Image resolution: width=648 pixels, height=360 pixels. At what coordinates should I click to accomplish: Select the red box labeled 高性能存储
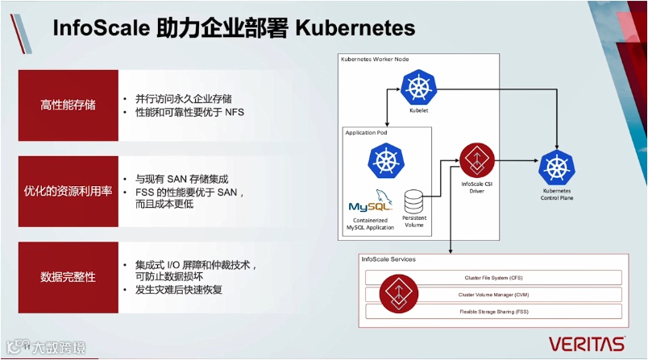[x=68, y=105]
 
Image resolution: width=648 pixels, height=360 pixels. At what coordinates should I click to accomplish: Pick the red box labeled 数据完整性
[x=68, y=277]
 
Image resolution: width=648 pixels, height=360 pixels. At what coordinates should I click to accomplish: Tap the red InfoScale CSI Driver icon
[x=476, y=160]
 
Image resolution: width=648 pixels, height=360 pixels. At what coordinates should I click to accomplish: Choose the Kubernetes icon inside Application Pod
[x=384, y=160]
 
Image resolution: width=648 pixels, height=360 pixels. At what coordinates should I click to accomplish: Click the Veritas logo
[x=587, y=344]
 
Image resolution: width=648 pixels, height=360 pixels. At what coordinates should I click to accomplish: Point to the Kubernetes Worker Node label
[x=376, y=59]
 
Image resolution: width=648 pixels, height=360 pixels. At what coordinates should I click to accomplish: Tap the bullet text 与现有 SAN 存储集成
[x=178, y=178]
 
